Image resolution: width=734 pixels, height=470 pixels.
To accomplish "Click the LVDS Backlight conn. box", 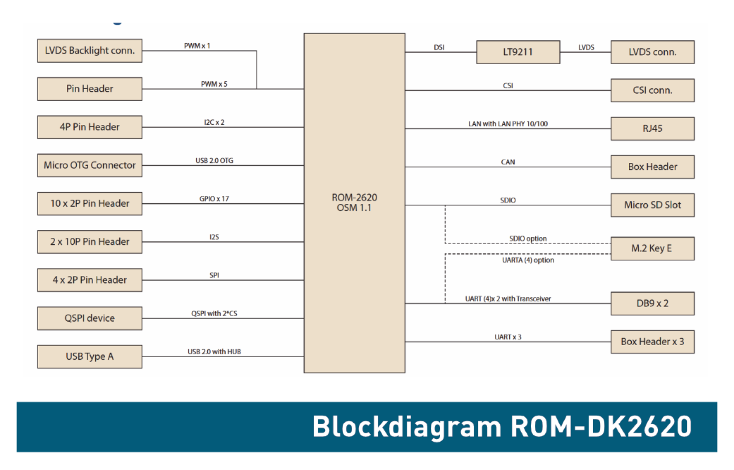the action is tap(90, 51).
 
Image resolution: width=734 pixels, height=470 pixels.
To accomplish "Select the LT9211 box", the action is tap(518, 52).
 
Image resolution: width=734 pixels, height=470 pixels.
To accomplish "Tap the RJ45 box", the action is tap(652, 129).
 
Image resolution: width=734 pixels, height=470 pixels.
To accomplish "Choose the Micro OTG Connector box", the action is tap(90, 166).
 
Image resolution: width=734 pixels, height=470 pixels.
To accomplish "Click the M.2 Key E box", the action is tap(652, 248).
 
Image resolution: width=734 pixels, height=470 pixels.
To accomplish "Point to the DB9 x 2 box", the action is tap(652, 303).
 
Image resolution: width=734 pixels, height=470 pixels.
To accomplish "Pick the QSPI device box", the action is tap(90, 318).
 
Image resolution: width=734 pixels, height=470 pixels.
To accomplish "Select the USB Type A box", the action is tap(90, 357).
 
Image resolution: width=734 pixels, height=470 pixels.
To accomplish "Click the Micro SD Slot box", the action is tap(652, 205).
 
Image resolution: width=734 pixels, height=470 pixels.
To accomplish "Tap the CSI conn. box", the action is tap(652, 90).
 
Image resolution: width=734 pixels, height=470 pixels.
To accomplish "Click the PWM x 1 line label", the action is tap(197, 46).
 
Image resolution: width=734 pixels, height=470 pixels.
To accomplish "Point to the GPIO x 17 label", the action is tap(214, 199).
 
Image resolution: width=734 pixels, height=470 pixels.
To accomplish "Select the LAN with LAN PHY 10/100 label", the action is tap(508, 124).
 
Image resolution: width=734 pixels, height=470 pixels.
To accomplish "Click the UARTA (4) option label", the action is tap(528, 260).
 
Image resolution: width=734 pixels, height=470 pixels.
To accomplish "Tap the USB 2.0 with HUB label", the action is tap(214, 352).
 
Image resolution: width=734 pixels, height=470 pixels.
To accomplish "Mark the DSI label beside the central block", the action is tap(439, 48).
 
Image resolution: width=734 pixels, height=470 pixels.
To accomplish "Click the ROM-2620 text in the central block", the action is tap(354, 198).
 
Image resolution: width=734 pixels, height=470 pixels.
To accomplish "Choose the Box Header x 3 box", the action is tap(652, 342).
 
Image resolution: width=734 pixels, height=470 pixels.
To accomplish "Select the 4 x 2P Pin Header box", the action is tap(90, 280).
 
